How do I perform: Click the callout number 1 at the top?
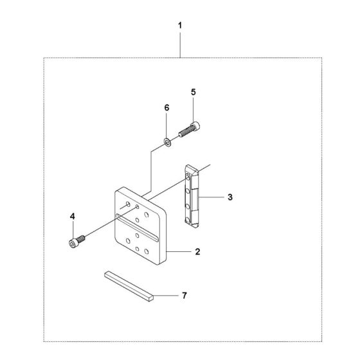click(x=180, y=26)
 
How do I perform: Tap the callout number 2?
click(x=197, y=251)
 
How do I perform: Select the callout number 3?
click(x=230, y=197)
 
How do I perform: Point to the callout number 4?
click(x=72, y=216)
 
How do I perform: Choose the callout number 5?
click(x=194, y=92)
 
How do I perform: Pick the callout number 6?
click(x=166, y=107)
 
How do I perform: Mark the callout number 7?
click(x=184, y=296)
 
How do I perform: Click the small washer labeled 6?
click(x=167, y=142)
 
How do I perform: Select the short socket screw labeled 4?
click(x=77, y=241)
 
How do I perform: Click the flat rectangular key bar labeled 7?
click(x=129, y=286)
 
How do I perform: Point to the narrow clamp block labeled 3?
click(x=192, y=196)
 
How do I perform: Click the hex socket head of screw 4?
click(x=73, y=244)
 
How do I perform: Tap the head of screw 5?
click(x=195, y=125)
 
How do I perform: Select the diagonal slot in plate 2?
click(x=137, y=228)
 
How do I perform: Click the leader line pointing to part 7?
click(x=166, y=295)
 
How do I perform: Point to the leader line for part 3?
click(x=212, y=197)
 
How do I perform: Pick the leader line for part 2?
click(x=179, y=251)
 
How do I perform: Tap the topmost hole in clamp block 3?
click(x=188, y=177)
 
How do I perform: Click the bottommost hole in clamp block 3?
click(x=188, y=220)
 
